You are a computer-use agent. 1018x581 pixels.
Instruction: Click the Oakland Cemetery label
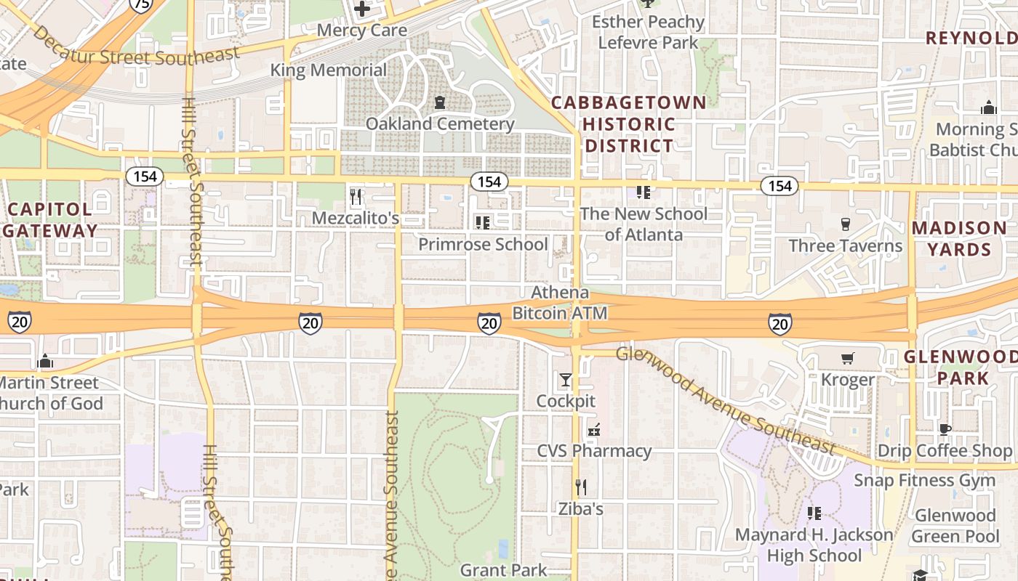[x=440, y=123]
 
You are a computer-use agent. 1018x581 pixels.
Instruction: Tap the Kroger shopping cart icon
[x=847, y=358]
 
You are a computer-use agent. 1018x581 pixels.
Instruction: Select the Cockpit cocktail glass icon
[x=566, y=380]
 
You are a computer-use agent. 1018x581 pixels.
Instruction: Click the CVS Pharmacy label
[x=594, y=451]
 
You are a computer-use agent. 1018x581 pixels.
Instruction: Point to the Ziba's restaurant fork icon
[x=580, y=487]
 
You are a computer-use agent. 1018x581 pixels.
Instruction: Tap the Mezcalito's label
[x=356, y=218]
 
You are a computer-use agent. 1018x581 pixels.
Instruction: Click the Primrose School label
[x=483, y=244]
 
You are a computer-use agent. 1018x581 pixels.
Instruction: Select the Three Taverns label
[x=845, y=245]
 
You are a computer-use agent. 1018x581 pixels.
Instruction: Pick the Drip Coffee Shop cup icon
[x=945, y=429]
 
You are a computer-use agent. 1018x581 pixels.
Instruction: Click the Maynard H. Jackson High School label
[x=814, y=545]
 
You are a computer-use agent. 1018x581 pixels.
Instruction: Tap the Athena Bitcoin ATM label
[x=560, y=303]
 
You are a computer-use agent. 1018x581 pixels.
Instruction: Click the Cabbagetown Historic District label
[x=629, y=123]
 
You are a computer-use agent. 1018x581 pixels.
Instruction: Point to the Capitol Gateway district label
[x=49, y=220]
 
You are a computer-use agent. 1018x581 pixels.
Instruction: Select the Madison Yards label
[x=959, y=238]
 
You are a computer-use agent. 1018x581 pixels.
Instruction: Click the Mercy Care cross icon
[x=361, y=9]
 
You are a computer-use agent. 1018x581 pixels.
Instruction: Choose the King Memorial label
[x=329, y=70]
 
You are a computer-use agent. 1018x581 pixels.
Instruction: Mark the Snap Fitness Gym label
[x=924, y=480]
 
